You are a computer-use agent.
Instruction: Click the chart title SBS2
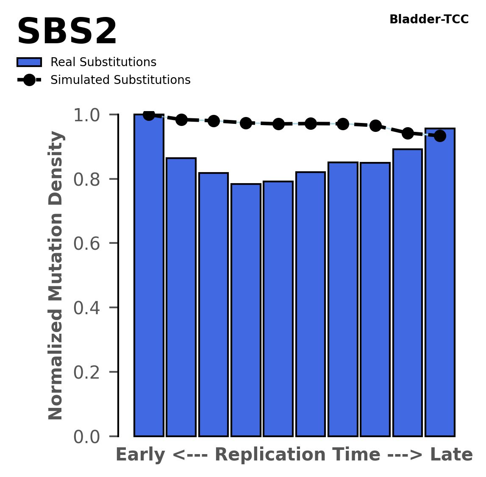(67, 32)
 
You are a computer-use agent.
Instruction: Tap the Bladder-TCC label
(429, 20)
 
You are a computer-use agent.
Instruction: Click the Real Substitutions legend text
(103, 62)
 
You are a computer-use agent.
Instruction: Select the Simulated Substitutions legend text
(120, 80)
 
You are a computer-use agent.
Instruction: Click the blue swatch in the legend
(29, 62)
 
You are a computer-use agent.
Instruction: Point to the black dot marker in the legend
(29, 80)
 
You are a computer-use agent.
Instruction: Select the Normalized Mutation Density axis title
(56, 275)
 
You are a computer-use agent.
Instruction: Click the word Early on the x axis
(141, 455)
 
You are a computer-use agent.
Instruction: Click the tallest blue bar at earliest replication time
(149, 276)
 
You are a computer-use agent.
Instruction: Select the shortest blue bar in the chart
(246, 310)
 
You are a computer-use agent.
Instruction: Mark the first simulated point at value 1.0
(149, 114)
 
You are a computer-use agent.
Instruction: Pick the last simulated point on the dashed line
(440, 136)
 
